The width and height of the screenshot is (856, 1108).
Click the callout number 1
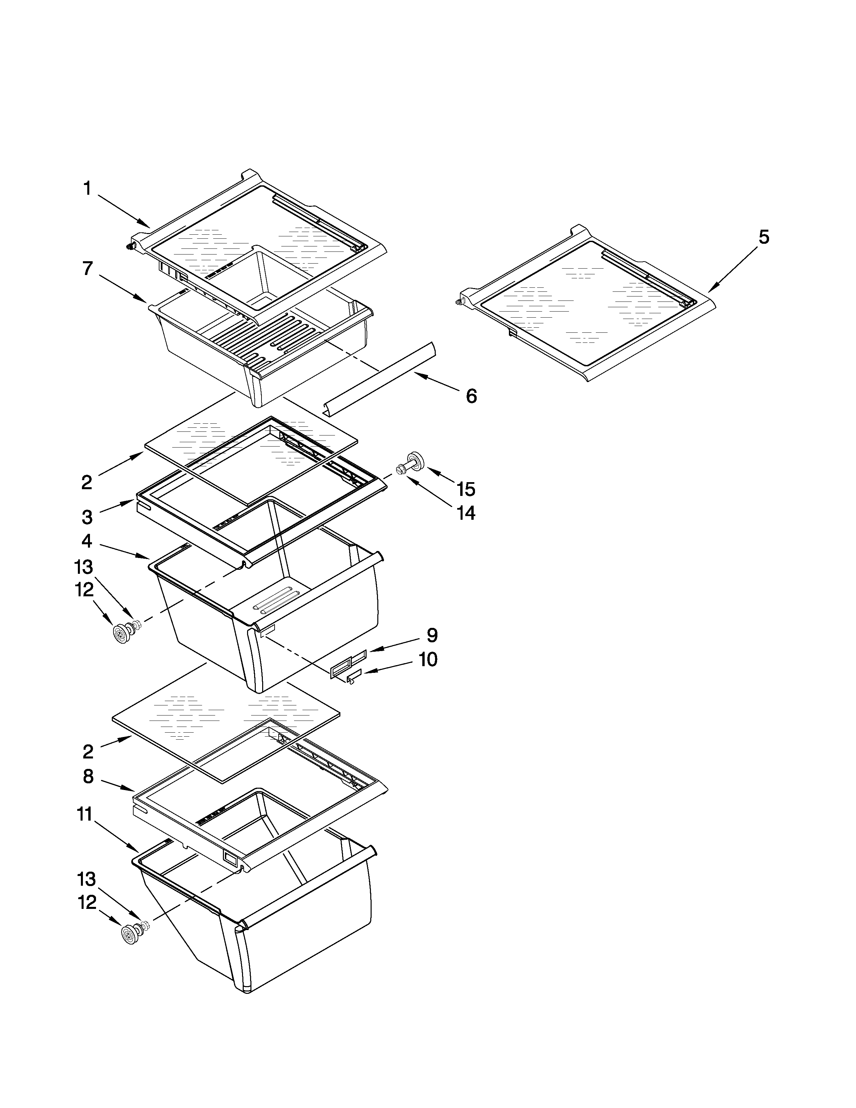[87, 189]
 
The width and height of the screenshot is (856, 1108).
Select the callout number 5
[764, 237]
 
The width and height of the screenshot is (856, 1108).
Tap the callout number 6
[471, 396]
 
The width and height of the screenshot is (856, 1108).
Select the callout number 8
[88, 777]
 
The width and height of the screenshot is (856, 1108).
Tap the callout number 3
[87, 517]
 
